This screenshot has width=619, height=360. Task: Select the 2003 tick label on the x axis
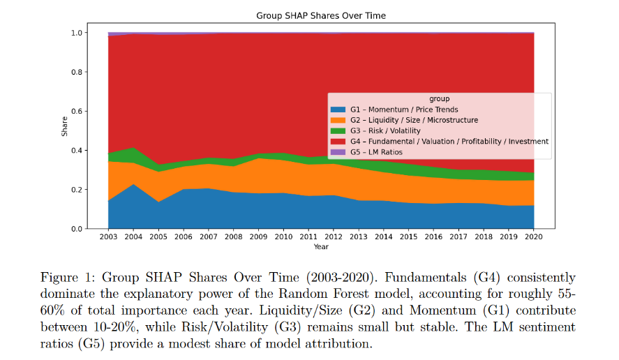[x=109, y=237]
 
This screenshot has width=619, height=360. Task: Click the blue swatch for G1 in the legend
[x=339, y=110]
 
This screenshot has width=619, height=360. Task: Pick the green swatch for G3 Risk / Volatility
[x=339, y=130]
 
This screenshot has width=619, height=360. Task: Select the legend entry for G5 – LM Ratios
[x=377, y=152]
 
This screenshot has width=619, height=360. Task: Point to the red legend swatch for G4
[x=339, y=142]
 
